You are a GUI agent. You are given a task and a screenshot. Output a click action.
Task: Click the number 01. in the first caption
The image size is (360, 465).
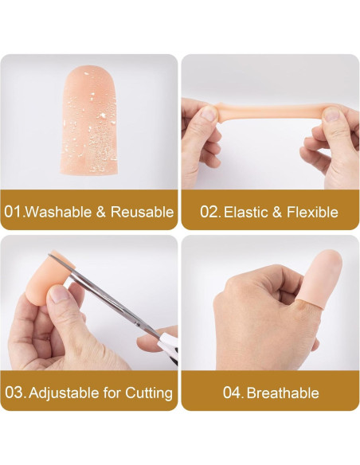pyautogui.click(x=14, y=212)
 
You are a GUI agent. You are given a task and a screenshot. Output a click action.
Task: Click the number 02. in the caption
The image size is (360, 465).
pyautogui.click(x=209, y=212)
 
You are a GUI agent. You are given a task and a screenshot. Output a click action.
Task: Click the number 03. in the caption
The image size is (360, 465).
pyautogui.click(x=14, y=393)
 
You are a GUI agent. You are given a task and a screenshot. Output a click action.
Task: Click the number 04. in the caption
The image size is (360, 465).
pyautogui.click(x=233, y=393)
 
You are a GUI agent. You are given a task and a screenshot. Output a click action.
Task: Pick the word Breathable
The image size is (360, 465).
pyautogui.click(x=283, y=393)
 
